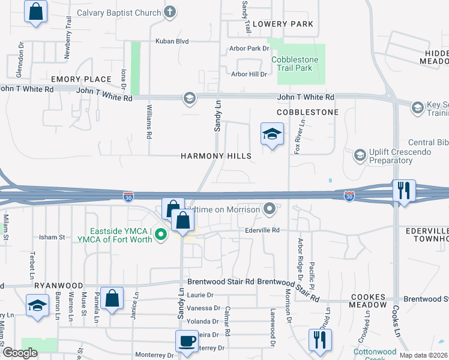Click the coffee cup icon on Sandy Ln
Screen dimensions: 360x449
pyautogui.click(x=185, y=341)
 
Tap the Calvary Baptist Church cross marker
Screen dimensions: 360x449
pyautogui.click(x=170, y=13)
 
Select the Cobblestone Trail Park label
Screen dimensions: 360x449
pyautogui.click(x=300, y=64)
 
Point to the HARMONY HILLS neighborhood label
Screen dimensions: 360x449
pyautogui.click(x=216, y=156)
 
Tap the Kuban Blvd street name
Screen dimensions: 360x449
pyautogui.click(x=172, y=41)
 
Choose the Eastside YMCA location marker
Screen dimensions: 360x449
pyautogui.click(x=160, y=235)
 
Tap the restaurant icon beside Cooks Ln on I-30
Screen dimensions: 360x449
pyautogui.click(x=403, y=191)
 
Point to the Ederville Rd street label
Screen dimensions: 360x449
pyautogui.click(x=263, y=230)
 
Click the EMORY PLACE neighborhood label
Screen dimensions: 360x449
pyautogui.click(x=81, y=79)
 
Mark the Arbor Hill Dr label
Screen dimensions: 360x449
pyautogui.click(x=249, y=74)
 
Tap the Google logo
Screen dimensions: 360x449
pyautogui.click(x=20, y=353)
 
